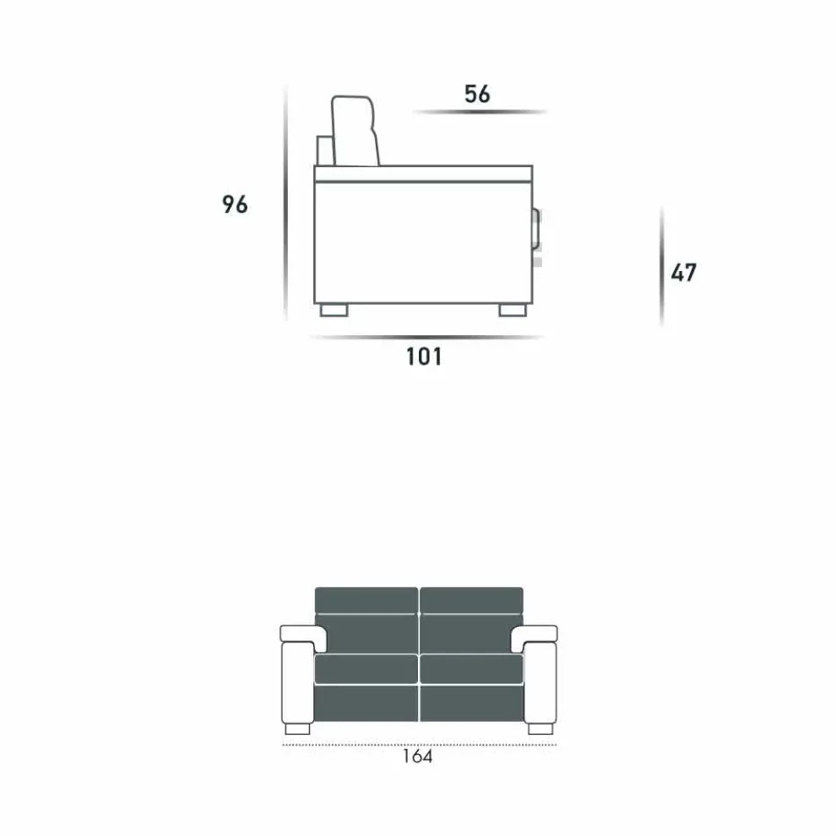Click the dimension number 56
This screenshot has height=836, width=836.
[x=476, y=94]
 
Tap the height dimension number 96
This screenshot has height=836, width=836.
[x=235, y=204]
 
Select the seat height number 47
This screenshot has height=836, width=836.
[x=683, y=273]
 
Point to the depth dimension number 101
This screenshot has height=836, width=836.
[x=424, y=356]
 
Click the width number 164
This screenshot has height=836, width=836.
[x=417, y=756]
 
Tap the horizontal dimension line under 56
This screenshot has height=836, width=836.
[x=480, y=112]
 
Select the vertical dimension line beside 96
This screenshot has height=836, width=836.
[x=285, y=203]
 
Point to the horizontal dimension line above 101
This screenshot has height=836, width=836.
[x=426, y=338]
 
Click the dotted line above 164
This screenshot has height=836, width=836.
[x=420, y=745]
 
